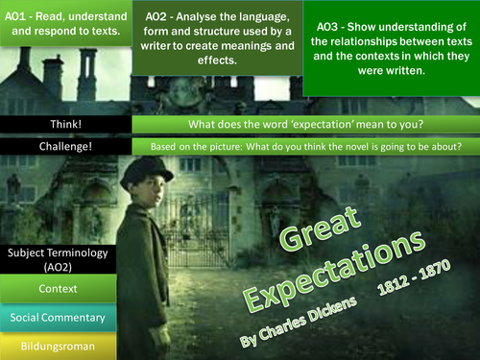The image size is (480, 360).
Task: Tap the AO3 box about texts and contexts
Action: tap(390, 49)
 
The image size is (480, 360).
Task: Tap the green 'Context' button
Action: tap(60, 287)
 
